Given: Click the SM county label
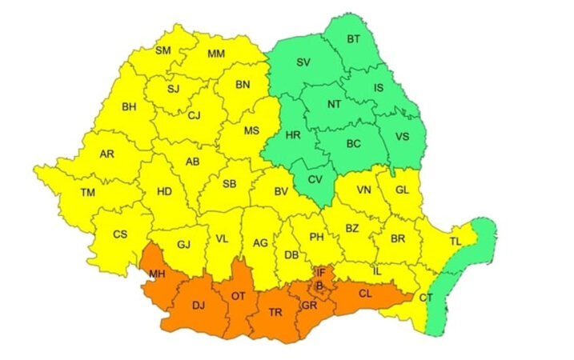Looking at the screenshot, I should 163,50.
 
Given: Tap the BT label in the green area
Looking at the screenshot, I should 353,38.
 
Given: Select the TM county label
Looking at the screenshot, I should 89,191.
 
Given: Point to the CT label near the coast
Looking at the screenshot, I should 426,298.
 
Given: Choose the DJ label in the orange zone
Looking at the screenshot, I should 199,305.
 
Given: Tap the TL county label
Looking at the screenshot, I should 456,242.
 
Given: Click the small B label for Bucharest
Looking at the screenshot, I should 319,285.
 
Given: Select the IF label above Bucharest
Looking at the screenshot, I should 320,273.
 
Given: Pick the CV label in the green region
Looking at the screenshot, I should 315,179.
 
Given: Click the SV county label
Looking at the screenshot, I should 303,62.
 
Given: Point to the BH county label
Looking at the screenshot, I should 129,106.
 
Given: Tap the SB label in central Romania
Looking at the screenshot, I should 229,184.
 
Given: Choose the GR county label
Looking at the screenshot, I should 310,306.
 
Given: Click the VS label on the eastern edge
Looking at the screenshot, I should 402,137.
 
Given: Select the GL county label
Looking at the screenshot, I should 402,190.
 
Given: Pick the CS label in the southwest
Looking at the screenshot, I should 120,234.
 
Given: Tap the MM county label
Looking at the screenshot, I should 216,54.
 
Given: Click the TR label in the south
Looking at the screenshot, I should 275,311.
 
